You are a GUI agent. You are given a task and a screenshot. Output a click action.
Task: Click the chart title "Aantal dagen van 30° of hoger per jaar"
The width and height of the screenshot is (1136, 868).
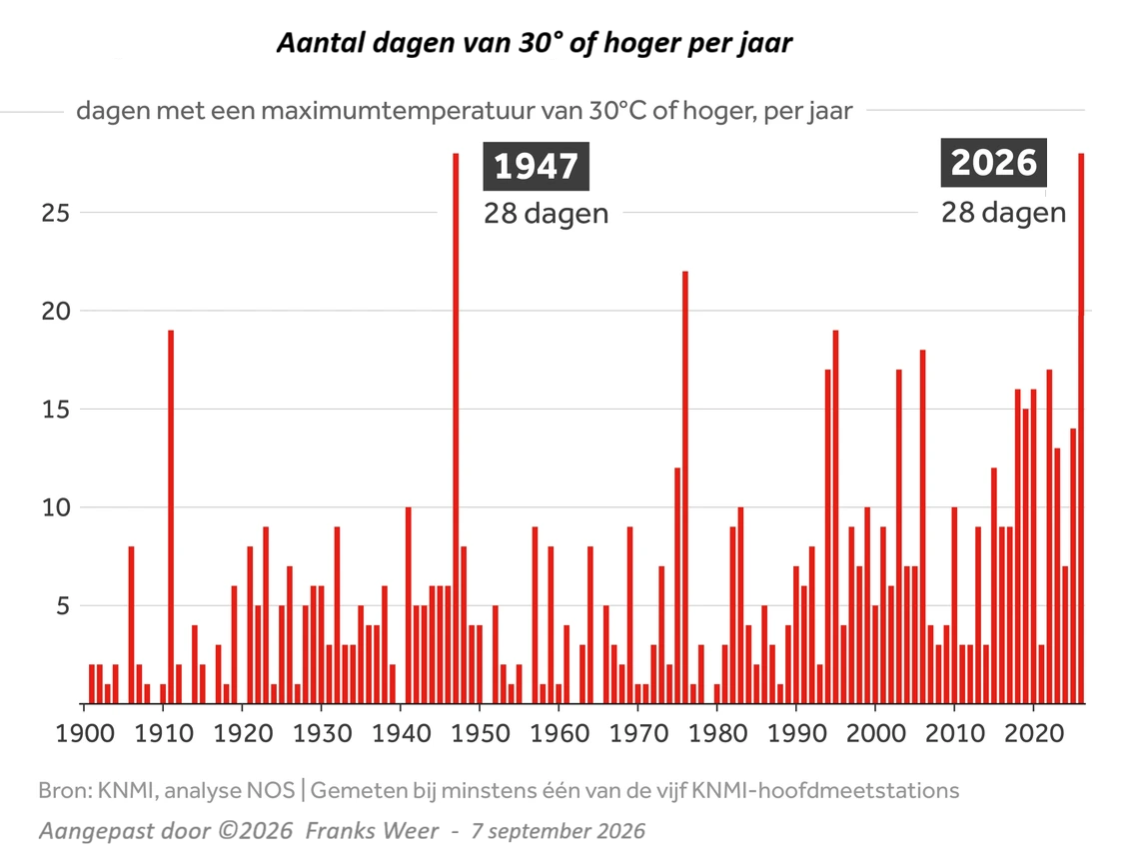535,44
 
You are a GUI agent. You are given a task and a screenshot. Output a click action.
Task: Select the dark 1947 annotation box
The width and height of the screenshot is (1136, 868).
537,167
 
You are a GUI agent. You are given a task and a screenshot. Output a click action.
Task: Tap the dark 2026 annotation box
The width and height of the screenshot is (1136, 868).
993,162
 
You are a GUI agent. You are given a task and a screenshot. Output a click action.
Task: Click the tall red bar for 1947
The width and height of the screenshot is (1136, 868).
456,429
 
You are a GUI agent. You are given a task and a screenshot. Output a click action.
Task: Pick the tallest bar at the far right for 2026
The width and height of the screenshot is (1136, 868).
1081,429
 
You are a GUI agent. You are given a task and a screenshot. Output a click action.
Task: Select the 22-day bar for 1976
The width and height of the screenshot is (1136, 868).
685,486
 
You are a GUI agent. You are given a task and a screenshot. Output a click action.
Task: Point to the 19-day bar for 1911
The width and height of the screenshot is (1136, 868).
171,516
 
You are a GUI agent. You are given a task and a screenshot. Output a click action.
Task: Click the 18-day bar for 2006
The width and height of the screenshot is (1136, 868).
923,526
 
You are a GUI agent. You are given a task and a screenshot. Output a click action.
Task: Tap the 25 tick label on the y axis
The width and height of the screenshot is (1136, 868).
56,213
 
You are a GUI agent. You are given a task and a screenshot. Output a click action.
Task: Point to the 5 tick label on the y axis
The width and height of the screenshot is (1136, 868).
63,605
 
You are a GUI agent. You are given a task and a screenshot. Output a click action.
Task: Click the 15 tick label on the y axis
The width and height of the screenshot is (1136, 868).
56,410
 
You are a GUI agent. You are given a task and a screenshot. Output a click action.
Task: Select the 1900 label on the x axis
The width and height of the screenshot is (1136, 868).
86,733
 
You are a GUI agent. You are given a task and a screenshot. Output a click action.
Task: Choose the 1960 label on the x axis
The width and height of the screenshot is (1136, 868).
561,733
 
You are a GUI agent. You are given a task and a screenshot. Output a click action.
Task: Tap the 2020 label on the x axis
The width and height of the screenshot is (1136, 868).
1034,733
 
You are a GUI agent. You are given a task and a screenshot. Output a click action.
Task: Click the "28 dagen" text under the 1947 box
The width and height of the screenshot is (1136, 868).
547,214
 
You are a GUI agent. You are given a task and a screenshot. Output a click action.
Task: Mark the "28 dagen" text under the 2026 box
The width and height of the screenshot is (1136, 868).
1003,213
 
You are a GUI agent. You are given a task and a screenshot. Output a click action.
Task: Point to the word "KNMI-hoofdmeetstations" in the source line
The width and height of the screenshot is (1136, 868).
826,790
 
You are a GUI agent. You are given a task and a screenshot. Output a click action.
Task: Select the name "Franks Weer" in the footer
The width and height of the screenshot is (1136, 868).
372,830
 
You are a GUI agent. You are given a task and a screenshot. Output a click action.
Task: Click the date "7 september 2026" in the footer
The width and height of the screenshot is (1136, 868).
558,831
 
